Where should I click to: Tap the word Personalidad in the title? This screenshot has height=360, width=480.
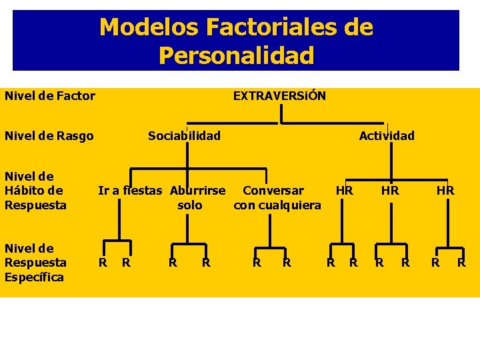236,55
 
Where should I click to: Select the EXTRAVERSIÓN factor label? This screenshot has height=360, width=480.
279,96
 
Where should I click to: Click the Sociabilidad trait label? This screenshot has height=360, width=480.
184,136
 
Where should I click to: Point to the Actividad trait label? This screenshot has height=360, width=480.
387,136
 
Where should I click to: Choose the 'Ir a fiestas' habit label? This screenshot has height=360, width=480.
130,191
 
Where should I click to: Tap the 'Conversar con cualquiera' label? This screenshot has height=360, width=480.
277,197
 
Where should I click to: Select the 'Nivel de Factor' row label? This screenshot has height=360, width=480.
50,96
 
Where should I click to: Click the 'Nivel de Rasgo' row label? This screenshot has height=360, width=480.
49,136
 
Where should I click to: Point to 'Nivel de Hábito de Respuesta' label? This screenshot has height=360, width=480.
35,191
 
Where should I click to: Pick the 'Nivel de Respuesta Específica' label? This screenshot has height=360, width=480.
35,263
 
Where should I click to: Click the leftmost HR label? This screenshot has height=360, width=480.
344,191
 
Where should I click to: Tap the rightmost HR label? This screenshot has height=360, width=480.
445,191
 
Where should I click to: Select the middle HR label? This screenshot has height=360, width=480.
390,191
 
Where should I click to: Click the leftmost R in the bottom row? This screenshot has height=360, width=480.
103,263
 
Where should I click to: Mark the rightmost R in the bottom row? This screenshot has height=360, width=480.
461,263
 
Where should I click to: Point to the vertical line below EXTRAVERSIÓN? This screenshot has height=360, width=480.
281,115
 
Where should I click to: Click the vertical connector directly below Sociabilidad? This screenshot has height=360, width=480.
188,155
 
